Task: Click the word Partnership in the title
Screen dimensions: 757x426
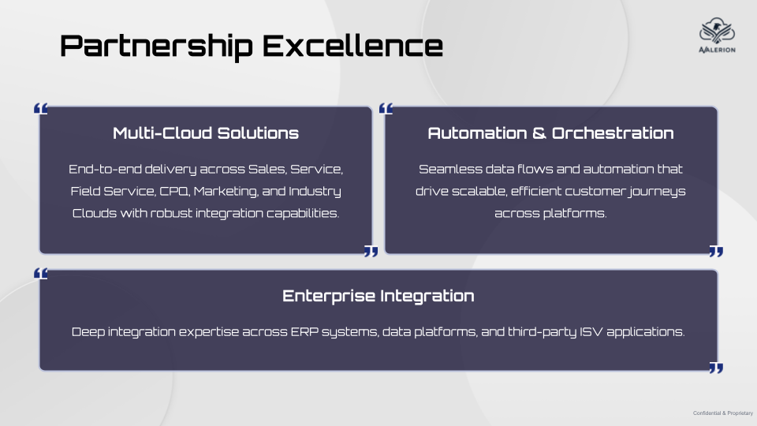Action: [156, 47]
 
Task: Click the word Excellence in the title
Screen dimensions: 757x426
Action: [352, 46]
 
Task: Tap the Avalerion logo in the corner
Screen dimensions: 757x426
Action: [717, 35]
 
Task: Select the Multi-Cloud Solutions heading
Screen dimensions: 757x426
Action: [206, 133]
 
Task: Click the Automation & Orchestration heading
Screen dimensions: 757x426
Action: [551, 133]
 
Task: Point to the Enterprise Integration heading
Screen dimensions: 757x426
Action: [378, 296]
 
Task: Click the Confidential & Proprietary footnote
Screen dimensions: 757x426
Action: [723, 413]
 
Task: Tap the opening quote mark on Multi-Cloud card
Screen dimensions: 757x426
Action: [40, 109]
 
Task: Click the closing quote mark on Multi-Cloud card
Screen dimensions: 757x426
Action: [371, 251]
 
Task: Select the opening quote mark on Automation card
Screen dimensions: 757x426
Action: [386, 109]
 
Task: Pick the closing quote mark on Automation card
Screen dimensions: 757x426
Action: [716, 251]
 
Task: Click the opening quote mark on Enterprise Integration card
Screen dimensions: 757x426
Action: [40, 274]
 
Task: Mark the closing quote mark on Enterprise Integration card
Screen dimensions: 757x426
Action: [716, 368]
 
